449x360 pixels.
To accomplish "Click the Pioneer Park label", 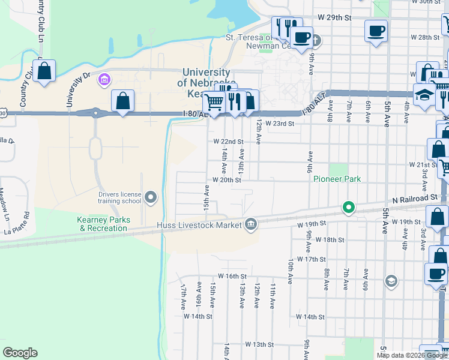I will click(336, 179).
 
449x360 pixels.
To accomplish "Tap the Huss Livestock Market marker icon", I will click(252, 225).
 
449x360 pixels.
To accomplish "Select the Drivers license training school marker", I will click(151, 197).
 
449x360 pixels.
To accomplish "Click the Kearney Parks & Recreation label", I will click(102, 224).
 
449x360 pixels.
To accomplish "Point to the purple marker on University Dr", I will click(104, 79).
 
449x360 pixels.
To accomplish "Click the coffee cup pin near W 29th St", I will click(376, 31).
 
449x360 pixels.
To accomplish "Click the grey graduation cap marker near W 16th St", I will click(391, 281).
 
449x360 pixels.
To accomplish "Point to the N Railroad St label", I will click(415, 198).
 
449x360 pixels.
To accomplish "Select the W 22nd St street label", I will click(228, 142).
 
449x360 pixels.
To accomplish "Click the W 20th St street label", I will click(226, 179).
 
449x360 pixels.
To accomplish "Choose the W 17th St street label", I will click(311, 259).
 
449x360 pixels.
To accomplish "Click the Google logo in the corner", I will click(20, 353).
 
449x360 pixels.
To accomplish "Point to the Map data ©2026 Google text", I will click(411, 355).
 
